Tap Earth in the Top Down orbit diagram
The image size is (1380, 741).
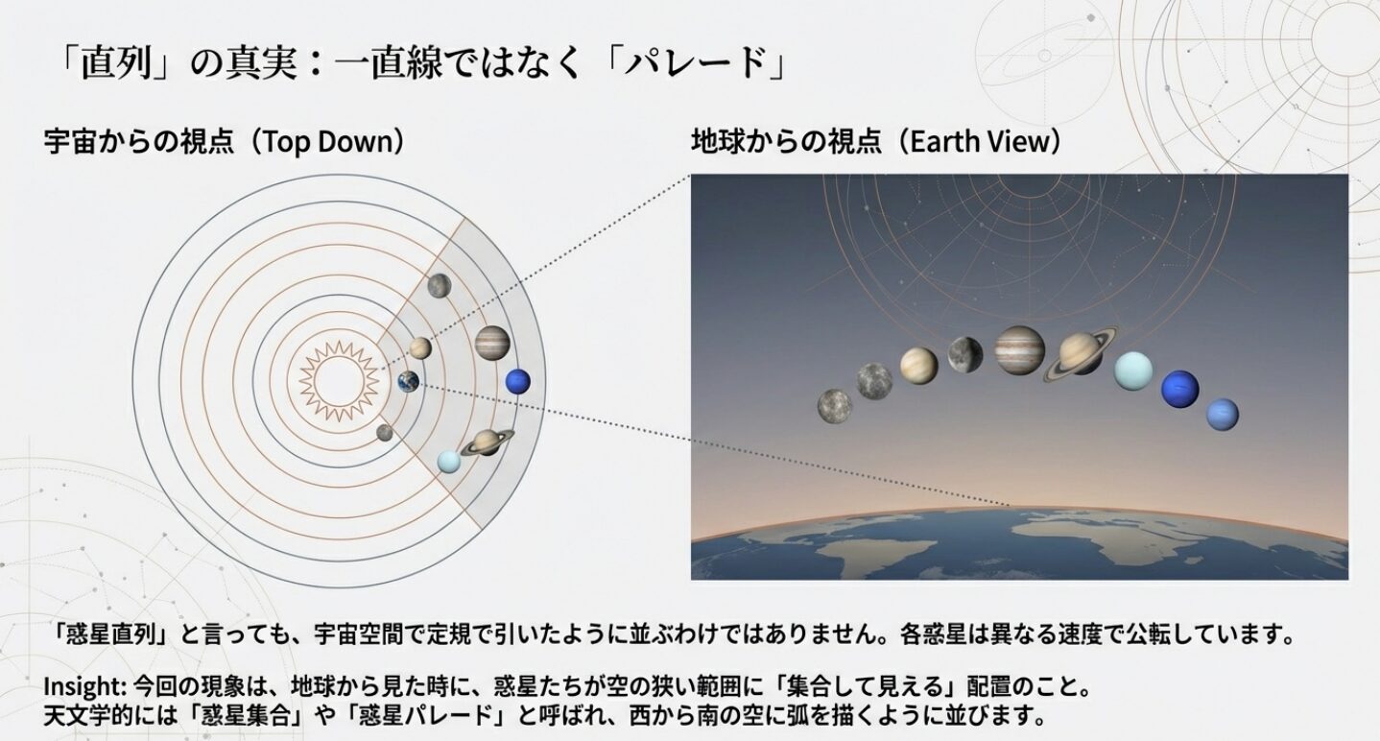coord(409,382)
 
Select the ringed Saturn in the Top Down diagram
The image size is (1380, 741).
coord(487,442)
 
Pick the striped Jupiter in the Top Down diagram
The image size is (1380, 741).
coord(491,343)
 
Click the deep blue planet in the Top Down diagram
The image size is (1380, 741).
coord(517,381)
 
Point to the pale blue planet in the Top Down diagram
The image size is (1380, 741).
coord(448,462)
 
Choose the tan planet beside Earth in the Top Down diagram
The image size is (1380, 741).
coord(419,347)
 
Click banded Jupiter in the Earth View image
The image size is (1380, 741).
coord(1019,349)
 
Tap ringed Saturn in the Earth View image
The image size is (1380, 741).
coord(1082,353)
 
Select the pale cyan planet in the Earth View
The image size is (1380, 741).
coord(1132,370)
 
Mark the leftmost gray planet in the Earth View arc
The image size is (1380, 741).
coord(835,405)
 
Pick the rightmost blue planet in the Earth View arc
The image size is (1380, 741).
coord(1222,414)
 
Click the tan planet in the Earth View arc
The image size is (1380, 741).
coord(918,366)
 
